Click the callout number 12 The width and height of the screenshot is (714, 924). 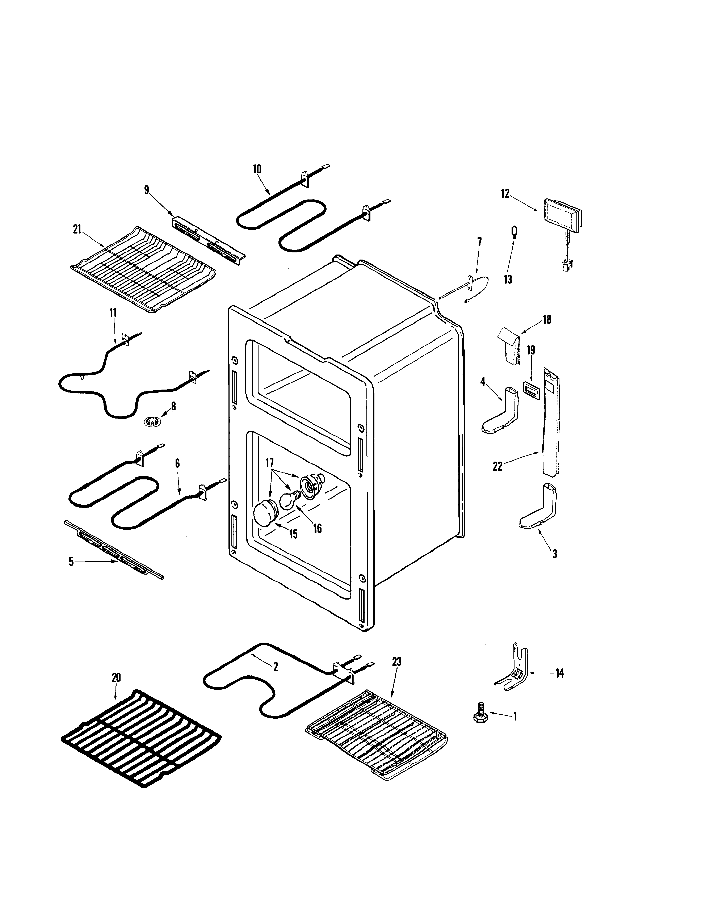[505, 194]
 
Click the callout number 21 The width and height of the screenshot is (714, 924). [77, 230]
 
